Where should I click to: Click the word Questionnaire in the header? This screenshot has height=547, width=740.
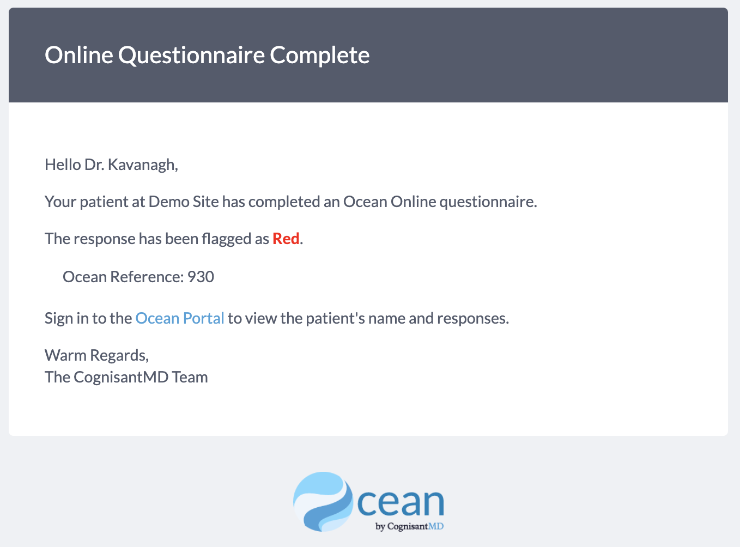191,56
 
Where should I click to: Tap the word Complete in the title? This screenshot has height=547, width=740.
320,56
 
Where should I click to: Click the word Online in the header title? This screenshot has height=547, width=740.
78,54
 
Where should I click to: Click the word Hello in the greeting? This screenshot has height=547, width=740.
63,165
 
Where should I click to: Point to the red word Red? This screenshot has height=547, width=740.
286,239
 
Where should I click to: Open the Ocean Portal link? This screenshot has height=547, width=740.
179,318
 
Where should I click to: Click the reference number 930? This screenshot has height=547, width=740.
201,277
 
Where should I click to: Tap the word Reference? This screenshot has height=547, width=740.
147,277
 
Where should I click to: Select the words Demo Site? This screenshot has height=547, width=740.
184,202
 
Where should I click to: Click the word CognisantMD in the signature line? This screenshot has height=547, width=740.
121,377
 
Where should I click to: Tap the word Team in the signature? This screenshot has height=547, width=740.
190,377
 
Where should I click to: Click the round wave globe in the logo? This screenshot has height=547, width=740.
323,502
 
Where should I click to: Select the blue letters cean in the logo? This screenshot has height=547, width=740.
401,502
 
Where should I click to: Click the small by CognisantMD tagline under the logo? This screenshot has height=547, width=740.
410,526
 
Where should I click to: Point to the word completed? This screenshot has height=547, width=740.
284,202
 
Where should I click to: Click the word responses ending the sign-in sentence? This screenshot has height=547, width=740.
473,318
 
